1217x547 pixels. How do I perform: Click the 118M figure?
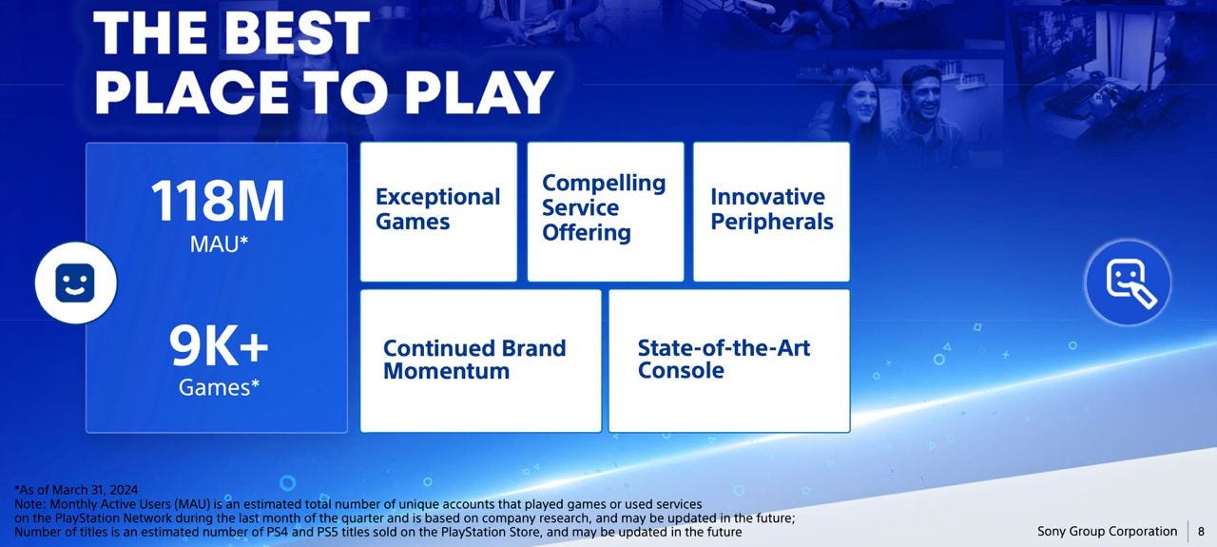(218, 201)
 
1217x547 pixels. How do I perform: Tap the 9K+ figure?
(219, 346)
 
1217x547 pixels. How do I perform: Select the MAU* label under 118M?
(219, 244)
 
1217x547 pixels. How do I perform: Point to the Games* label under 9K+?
(219, 388)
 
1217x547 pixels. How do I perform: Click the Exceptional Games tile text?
(437, 209)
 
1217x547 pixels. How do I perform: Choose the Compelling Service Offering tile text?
(604, 207)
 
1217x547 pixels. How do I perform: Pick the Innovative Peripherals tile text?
(771, 209)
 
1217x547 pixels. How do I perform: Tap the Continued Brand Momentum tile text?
(474, 360)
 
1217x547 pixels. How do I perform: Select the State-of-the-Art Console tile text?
(724, 359)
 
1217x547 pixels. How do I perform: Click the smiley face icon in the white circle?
(75, 283)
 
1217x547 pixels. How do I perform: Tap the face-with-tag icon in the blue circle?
(1130, 283)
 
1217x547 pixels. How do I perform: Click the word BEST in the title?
(297, 32)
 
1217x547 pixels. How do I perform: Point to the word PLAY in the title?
(479, 92)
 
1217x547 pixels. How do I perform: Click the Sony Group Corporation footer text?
(1108, 531)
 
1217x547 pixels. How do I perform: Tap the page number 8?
(1201, 531)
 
